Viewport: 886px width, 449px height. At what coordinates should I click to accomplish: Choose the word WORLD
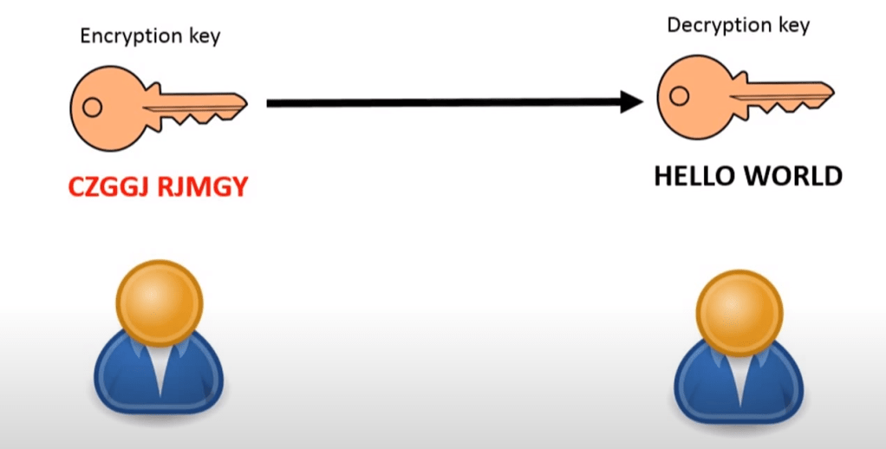tap(798, 177)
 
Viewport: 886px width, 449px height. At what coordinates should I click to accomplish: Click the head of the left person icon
tap(160, 303)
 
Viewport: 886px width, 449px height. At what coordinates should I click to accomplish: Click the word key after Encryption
tap(205, 36)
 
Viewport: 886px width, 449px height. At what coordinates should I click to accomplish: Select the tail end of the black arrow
tap(270, 103)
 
